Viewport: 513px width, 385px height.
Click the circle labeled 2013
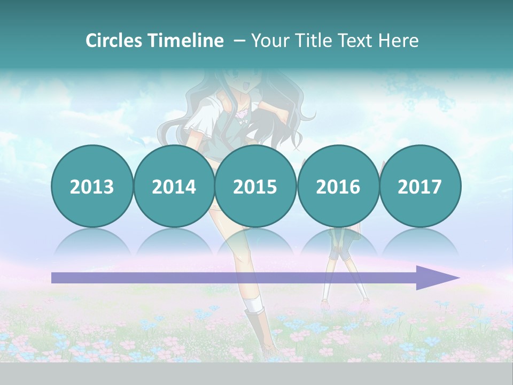pyautogui.click(x=92, y=186)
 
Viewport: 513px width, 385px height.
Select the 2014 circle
pyautogui.click(x=174, y=186)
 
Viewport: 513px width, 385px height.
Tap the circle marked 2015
pyautogui.click(x=255, y=186)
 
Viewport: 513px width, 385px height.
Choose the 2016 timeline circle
pyautogui.click(x=338, y=186)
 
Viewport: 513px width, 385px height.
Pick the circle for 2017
pyautogui.click(x=419, y=186)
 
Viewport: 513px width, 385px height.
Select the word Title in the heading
pyautogui.click(x=310, y=41)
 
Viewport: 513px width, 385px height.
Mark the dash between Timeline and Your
pyautogui.click(x=239, y=41)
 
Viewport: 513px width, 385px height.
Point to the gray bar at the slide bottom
pyautogui.click(x=256, y=373)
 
